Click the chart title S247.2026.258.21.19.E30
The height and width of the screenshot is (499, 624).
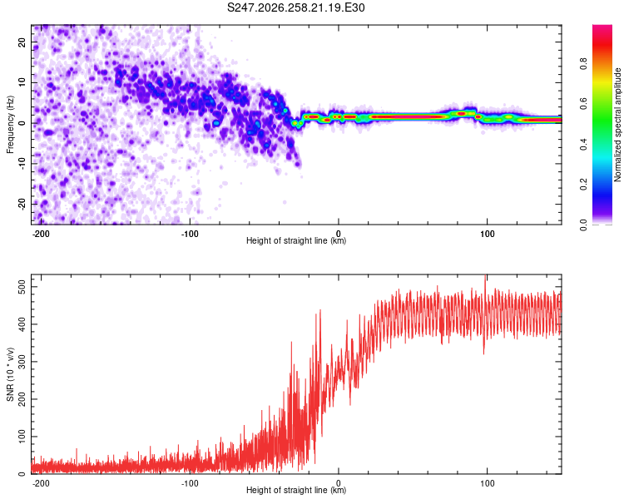[295, 7]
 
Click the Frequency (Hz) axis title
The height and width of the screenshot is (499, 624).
[10, 125]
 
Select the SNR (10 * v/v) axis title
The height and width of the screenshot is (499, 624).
[10, 374]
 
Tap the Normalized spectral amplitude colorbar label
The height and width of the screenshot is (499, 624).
[617, 125]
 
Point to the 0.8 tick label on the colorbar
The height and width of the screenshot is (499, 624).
[583, 64]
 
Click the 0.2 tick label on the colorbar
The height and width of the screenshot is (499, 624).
[583, 185]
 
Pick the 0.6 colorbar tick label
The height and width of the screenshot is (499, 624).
[583, 104]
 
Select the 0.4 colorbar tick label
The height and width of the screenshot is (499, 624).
[583, 144]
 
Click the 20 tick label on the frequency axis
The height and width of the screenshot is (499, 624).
[22, 42]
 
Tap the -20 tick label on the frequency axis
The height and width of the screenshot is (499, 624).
[22, 204]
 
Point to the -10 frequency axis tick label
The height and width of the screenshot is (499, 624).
[22, 164]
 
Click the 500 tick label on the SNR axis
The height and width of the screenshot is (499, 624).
[22, 287]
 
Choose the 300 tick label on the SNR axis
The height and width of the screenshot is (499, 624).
[22, 362]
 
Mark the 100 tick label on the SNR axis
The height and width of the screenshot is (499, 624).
[22, 437]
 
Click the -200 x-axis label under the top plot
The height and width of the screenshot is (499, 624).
[41, 234]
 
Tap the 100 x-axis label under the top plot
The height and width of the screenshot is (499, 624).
[487, 234]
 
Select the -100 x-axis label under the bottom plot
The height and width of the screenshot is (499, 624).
[190, 483]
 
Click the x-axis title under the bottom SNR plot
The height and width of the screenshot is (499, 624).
[296, 490]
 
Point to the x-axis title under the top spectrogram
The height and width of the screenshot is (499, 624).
[296, 240]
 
